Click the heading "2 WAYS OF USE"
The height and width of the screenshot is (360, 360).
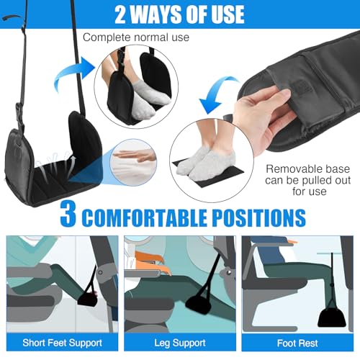(179, 14)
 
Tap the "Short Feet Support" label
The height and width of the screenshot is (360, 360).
(62, 343)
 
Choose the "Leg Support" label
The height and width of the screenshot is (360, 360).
(180, 343)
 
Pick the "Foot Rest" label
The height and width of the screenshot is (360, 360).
(299, 343)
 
